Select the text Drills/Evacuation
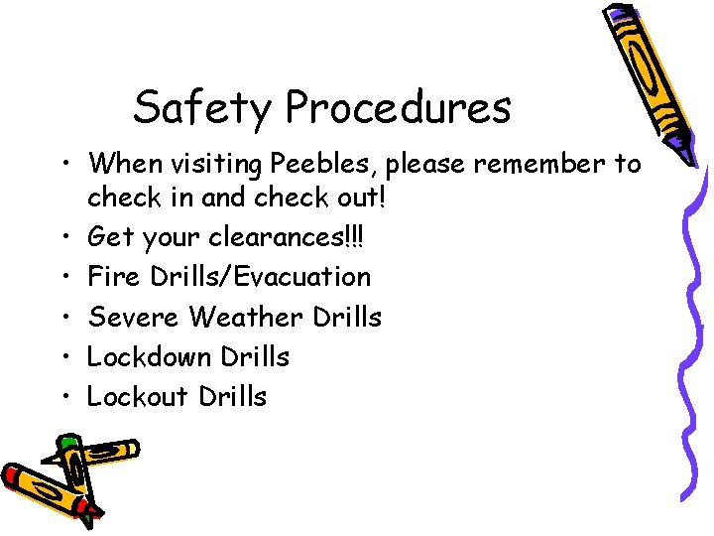[260, 277]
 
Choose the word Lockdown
[152, 356]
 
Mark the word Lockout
[137, 396]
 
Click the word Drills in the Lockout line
[232, 396]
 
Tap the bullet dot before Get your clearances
[63, 238]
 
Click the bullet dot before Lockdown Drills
[63, 357]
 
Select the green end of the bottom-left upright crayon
[68, 441]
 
